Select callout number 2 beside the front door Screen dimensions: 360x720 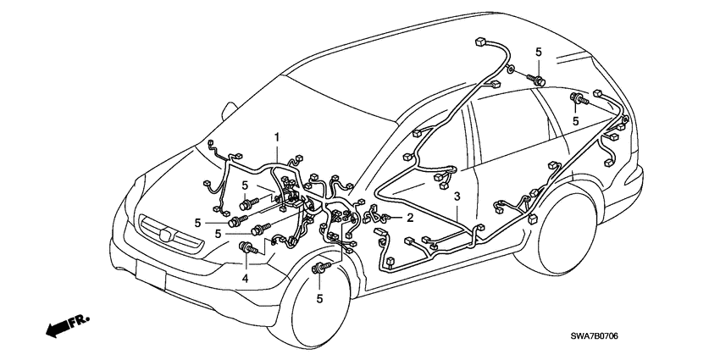point(409,218)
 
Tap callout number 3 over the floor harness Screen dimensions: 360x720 point(457,197)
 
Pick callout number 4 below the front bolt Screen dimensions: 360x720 point(246,278)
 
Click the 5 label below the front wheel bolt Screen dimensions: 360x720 point(321,299)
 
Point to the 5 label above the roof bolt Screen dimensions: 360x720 point(538,53)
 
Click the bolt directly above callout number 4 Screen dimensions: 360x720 point(250,248)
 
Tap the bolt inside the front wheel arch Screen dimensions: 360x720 point(322,269)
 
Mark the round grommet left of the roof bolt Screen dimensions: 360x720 point(513,68)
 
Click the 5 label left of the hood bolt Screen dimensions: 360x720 point(245,185)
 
